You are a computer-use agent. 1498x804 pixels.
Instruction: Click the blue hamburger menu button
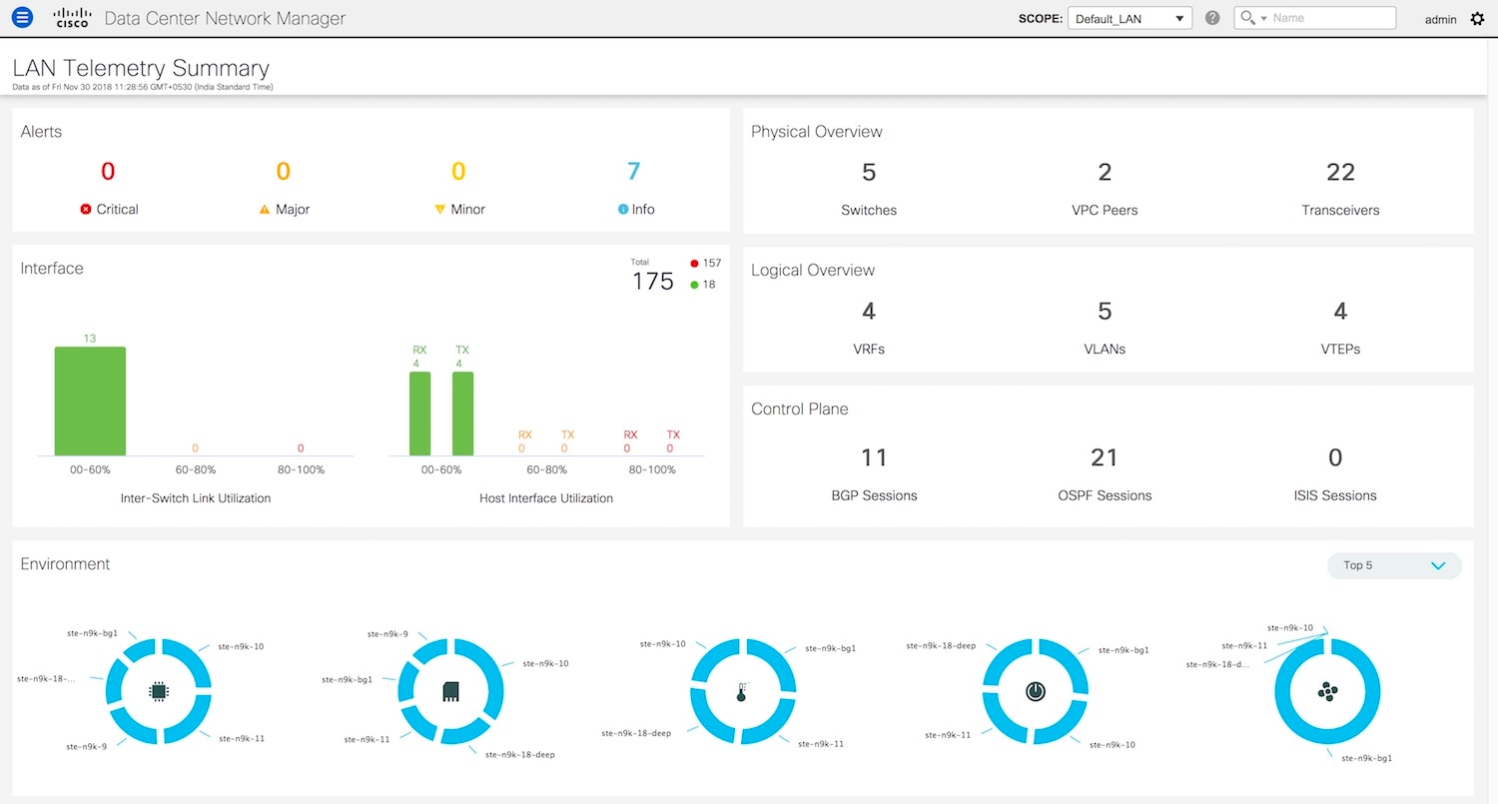[x=22, y=18]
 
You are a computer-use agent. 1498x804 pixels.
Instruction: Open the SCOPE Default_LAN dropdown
[x=1129, y=18]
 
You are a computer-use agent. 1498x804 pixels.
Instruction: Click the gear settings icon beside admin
[x=1478, y=19]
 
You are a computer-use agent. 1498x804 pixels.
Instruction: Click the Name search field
[x=1331, y=18]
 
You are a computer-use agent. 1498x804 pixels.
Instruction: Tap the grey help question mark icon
[x=1212, y=18]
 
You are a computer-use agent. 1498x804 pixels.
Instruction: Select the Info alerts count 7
[x=633, y=172]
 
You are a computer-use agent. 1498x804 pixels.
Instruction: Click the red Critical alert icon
[x=86, y=210]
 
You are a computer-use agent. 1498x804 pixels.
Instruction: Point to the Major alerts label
[x=293, y=210]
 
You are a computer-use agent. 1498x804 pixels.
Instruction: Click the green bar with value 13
[x=90, y=401]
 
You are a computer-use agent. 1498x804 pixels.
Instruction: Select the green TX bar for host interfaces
[x=462, y=413]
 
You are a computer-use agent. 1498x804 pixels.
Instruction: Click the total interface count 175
[x=653, y=282]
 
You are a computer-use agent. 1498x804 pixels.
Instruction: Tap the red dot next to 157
[x=695, y=264]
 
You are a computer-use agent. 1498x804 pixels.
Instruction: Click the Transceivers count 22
[x=1340, y=173]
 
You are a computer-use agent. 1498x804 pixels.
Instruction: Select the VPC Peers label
[x=1105, y=210]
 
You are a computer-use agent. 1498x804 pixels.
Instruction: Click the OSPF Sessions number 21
[x=1105, y=457]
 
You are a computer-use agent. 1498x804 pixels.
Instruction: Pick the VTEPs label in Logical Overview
[x=1340, y=349]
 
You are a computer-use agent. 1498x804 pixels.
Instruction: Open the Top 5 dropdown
[x=1394, y=565]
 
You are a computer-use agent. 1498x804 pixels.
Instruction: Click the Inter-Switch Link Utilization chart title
[x=196, y=497]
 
